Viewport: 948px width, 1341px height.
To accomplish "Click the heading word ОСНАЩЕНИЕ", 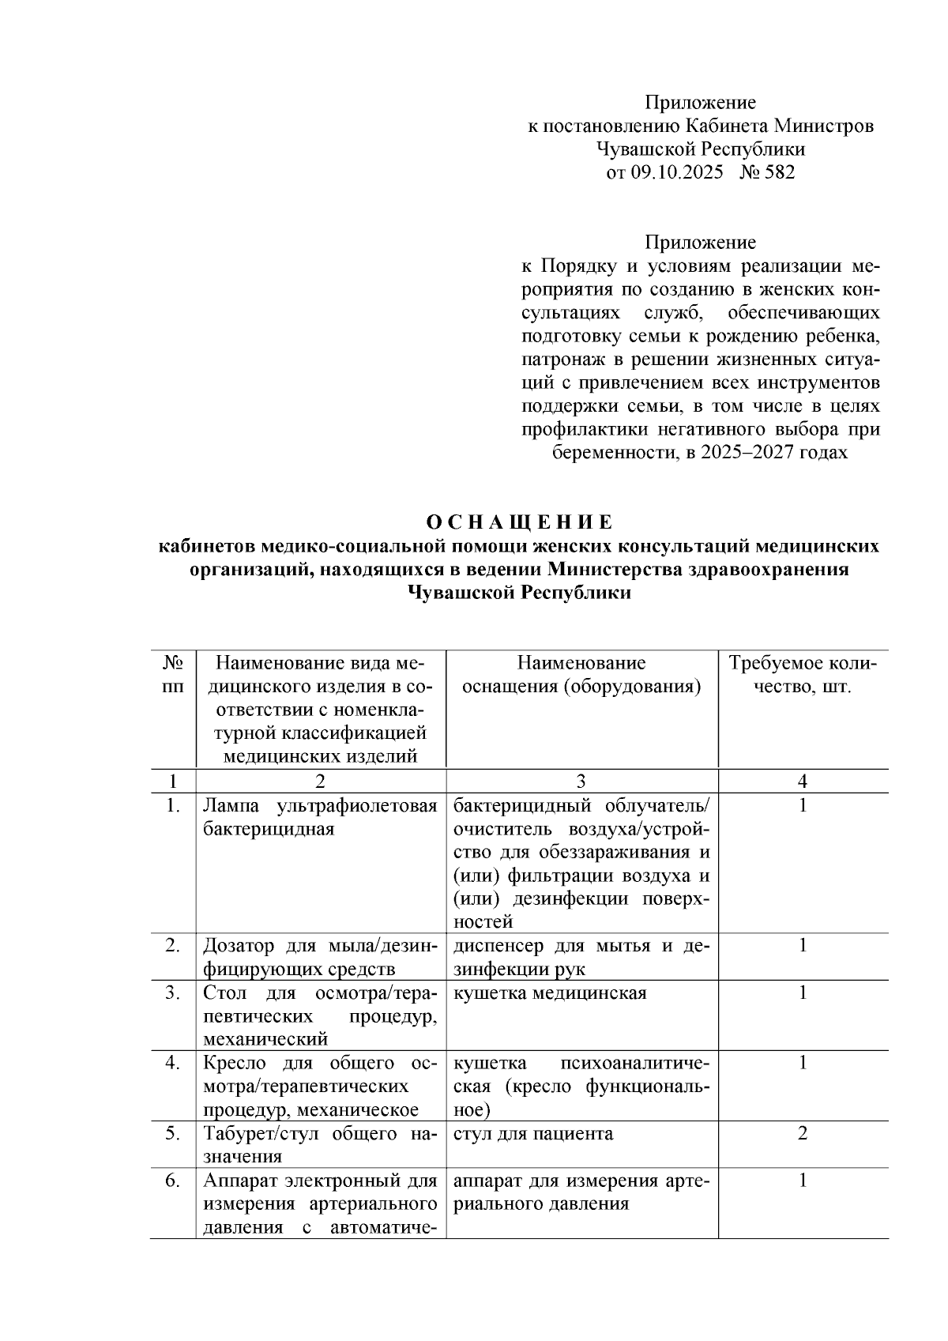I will [519, 522].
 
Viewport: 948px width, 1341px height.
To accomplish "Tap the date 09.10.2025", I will [675, 172].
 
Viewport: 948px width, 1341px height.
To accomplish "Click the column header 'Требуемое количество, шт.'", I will [802, 674].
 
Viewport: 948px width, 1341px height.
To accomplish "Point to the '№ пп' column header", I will [172, 674].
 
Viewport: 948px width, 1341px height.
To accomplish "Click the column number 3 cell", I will [581, 781].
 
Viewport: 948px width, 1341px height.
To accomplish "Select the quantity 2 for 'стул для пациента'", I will [803, 1134].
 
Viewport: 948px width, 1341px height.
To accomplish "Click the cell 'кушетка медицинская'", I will [550, 993].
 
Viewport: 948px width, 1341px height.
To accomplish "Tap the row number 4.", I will [172, 1063].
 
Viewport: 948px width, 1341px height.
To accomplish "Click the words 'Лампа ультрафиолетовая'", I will [319, 806].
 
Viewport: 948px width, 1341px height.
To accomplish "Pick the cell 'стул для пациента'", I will [533, 1134].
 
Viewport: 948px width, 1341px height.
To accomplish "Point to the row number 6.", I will [172, 1181].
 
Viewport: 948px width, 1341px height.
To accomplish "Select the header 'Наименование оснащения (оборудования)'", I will [581, 674].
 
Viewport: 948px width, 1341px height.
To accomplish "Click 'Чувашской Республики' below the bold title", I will [519, 593].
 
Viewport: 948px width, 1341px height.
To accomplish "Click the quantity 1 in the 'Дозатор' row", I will [803, 945].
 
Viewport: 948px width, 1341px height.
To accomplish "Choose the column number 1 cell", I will [172, 781].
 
